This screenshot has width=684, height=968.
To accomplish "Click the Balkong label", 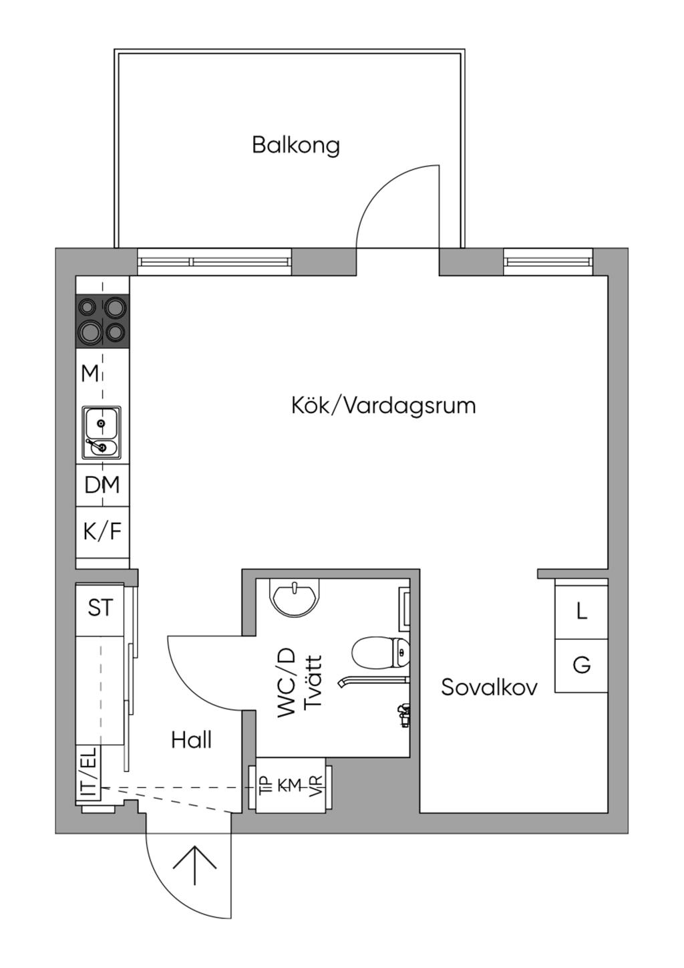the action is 296,146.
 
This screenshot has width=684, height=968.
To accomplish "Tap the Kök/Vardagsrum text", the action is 383,405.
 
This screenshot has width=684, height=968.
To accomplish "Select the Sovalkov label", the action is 489,687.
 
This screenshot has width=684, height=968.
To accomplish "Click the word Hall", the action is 191,740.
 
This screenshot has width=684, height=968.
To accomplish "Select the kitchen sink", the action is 102,433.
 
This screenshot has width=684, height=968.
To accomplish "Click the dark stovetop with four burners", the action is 103,320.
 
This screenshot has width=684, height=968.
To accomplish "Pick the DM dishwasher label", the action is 102,485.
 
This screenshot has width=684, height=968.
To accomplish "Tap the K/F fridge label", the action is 102,531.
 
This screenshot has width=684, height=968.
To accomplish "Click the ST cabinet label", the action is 100,608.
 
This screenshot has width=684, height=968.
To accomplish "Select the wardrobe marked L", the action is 581,611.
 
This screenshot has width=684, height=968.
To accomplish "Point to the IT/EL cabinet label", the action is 89,772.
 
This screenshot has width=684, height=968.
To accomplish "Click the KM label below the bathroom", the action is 289,784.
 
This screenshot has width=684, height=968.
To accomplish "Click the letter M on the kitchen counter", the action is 90,374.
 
